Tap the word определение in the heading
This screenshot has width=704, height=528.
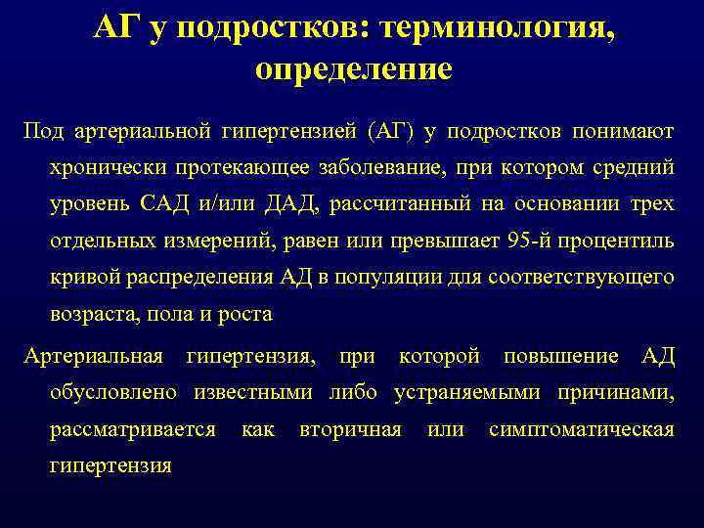point(353,69)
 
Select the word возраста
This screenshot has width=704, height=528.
point(90,315)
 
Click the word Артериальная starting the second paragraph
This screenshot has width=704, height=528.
point(94,356)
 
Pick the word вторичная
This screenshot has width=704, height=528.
point(350,429)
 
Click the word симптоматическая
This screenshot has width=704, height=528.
point(581,429)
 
